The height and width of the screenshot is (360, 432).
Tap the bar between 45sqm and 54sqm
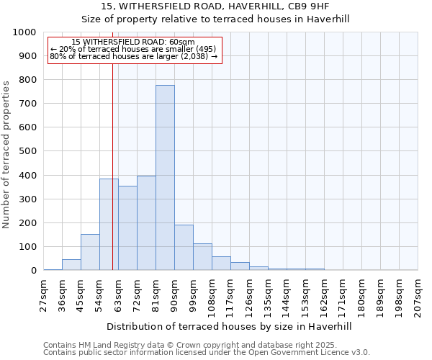pyautogui.click(x=90, y=252)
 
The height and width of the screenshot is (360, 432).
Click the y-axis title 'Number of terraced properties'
pyautogui.click(x=7, y=154)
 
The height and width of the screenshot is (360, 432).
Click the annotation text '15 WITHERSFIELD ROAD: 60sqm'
pyautogui.click(x=134, y=42)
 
